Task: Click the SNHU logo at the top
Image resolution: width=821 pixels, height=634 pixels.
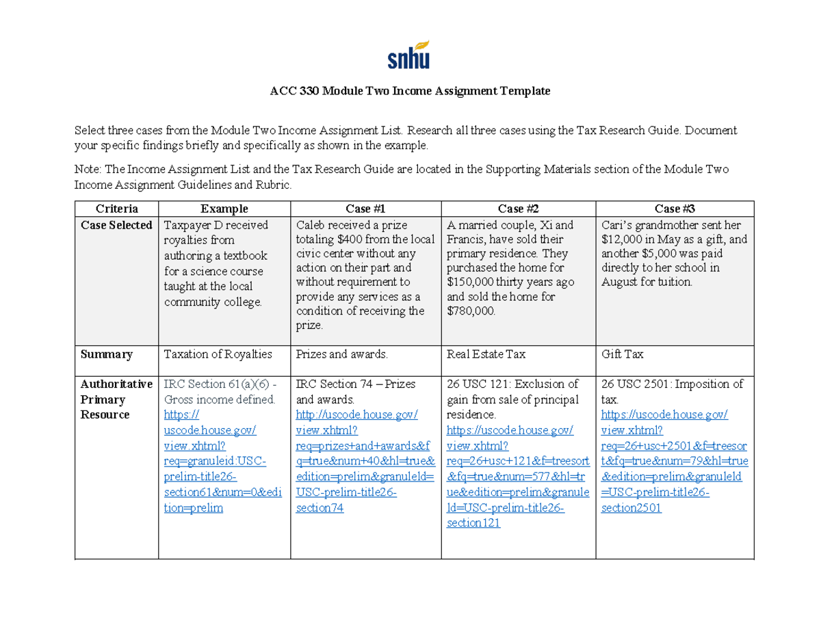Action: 409,57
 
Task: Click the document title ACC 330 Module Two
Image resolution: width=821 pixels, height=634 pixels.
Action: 410,91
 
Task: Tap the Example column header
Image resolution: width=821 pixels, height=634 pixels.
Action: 224,209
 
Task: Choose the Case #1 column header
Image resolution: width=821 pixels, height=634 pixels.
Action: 366,209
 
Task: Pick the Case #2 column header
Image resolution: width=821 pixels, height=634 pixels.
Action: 519,209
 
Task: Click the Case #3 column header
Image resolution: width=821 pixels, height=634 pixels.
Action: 675,209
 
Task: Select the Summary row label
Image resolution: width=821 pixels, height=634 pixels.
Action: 106,354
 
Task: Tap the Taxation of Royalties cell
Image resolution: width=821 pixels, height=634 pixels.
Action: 218,354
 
